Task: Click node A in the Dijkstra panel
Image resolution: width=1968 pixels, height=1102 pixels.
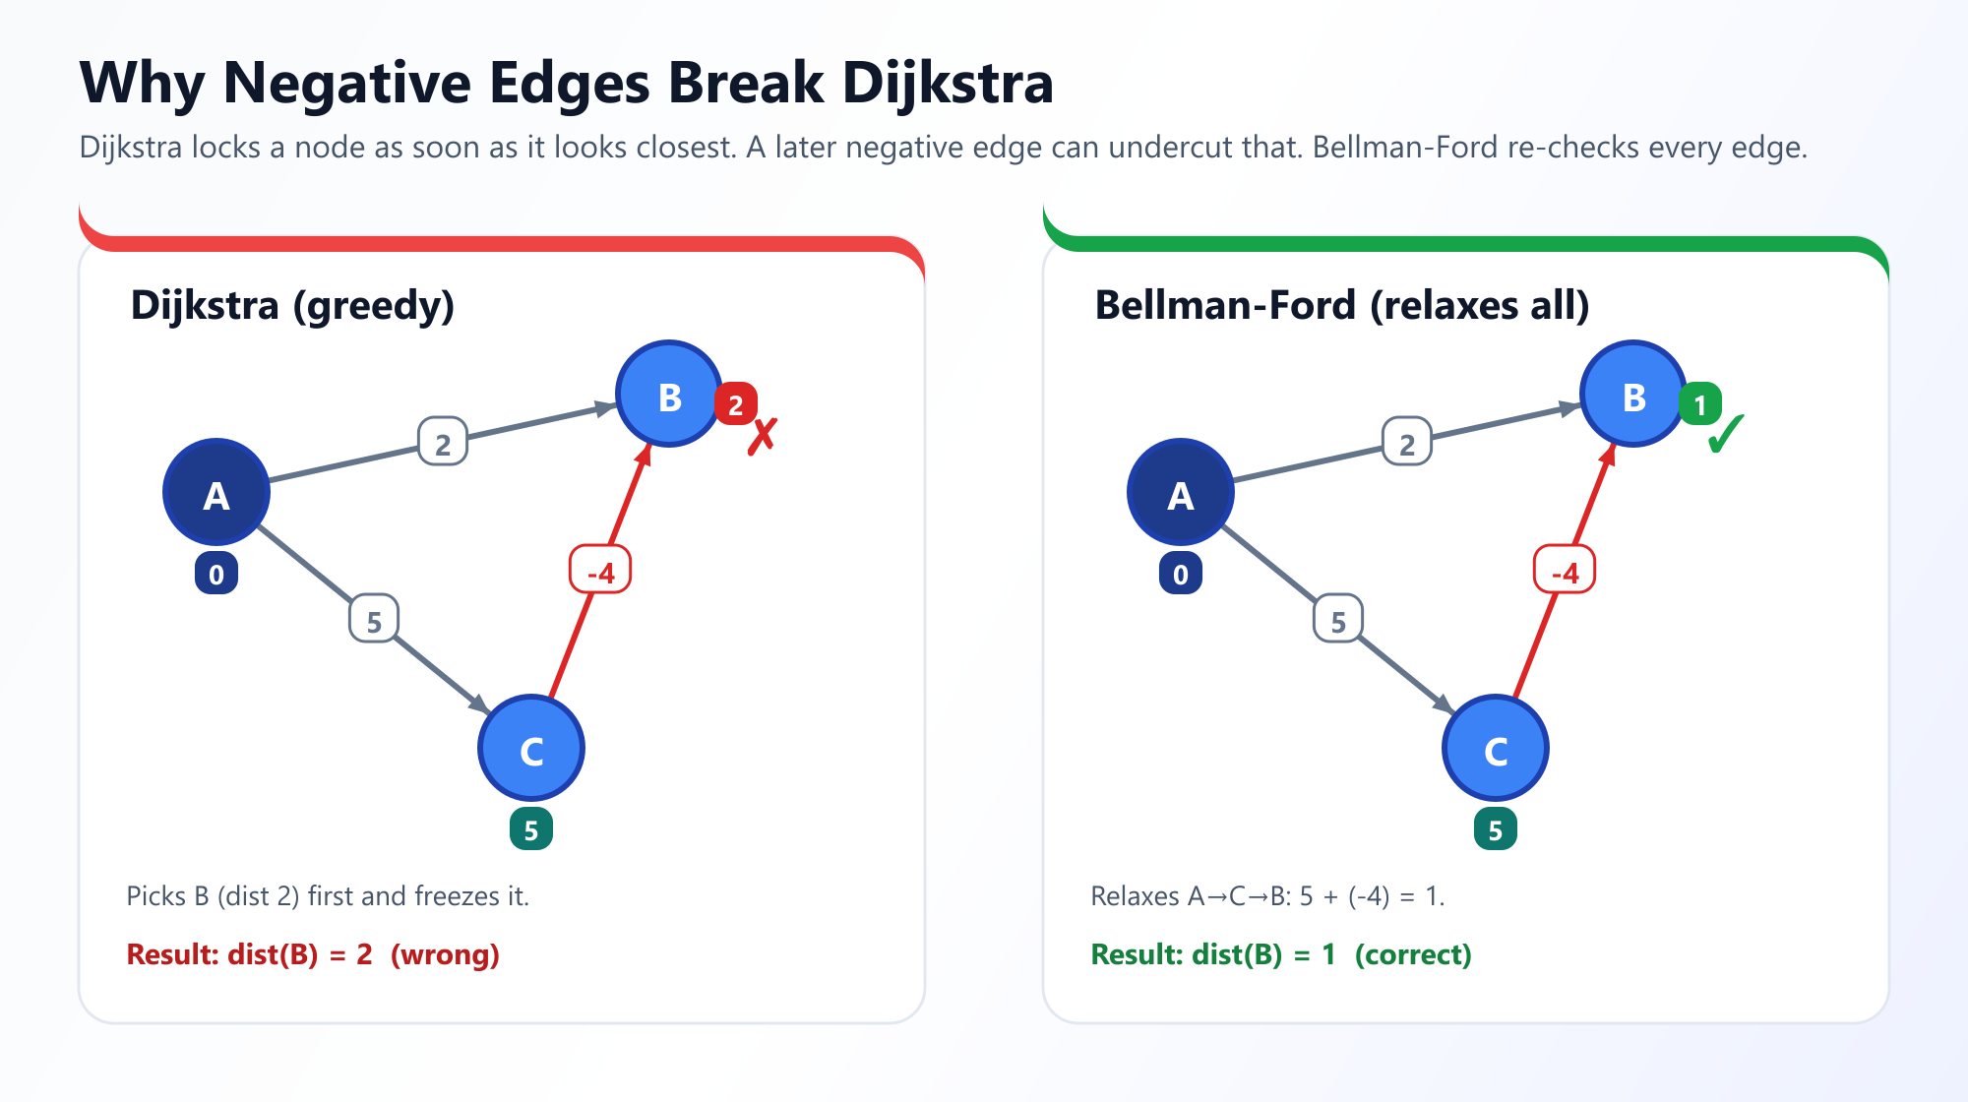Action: click(216, 492)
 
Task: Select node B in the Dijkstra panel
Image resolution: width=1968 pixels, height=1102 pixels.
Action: click(669, 394)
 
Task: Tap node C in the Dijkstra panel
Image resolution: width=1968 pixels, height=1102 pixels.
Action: click(531, 748)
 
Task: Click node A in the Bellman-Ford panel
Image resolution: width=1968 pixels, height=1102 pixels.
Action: click(1181, 492)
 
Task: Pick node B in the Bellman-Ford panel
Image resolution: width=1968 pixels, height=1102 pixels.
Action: click(1633, 394)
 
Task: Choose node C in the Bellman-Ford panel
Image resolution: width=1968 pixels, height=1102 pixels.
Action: click(1496, 748)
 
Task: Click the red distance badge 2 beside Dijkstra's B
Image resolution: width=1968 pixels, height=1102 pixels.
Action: click(736, 403)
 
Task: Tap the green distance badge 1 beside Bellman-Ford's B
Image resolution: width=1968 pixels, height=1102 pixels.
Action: click(1700, 403)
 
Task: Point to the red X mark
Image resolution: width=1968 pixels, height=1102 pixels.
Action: click(763, 437)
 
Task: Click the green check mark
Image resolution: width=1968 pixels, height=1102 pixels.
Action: click(1726, 434)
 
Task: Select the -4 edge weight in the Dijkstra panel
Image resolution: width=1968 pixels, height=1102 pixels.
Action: click(600, 571)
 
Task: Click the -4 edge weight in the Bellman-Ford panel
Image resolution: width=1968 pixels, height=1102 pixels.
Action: click(1565, 571)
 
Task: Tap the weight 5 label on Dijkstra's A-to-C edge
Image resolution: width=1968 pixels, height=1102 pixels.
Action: click(374, 619)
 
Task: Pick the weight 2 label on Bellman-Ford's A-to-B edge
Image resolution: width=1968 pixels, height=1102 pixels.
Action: click(1407, 442)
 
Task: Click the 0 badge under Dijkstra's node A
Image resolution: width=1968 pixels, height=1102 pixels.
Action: click(216, 573)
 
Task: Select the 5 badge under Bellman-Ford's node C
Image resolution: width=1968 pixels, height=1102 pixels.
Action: click(1496, 828)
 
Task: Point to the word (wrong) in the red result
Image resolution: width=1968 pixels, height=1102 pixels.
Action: click(445, 954)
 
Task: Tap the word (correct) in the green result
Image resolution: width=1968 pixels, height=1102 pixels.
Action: click(1413, 954)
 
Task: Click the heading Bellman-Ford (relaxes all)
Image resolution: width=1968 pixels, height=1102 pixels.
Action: click(1342, 306)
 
